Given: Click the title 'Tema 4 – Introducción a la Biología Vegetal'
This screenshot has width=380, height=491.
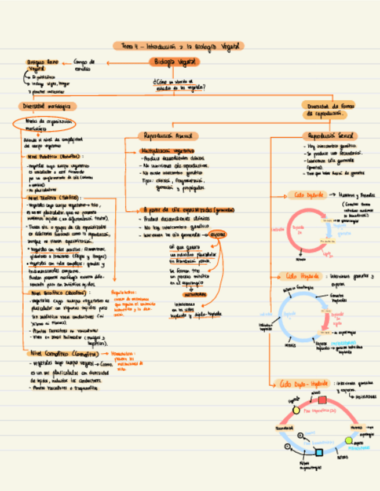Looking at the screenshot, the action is click(x=178, y=46).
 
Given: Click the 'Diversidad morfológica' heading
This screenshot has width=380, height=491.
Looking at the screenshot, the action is click(x=46, y=107).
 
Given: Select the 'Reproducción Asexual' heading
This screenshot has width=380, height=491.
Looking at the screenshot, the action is click(x=167, y=135).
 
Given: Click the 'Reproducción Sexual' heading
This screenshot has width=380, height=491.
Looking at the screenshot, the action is click(x=330, y=135).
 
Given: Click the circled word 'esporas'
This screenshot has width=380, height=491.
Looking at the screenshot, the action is click(x=219, y=234).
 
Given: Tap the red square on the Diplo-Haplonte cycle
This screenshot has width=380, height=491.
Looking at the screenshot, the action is click(x=322, y=400).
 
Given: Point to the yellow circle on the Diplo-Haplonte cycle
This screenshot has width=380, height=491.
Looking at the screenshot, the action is click(x=295, y=410).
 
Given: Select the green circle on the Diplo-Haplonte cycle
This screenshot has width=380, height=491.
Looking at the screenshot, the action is click(x=348, y=441).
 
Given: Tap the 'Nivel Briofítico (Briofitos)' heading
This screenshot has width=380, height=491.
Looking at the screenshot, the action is click(x=54, y=293).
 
